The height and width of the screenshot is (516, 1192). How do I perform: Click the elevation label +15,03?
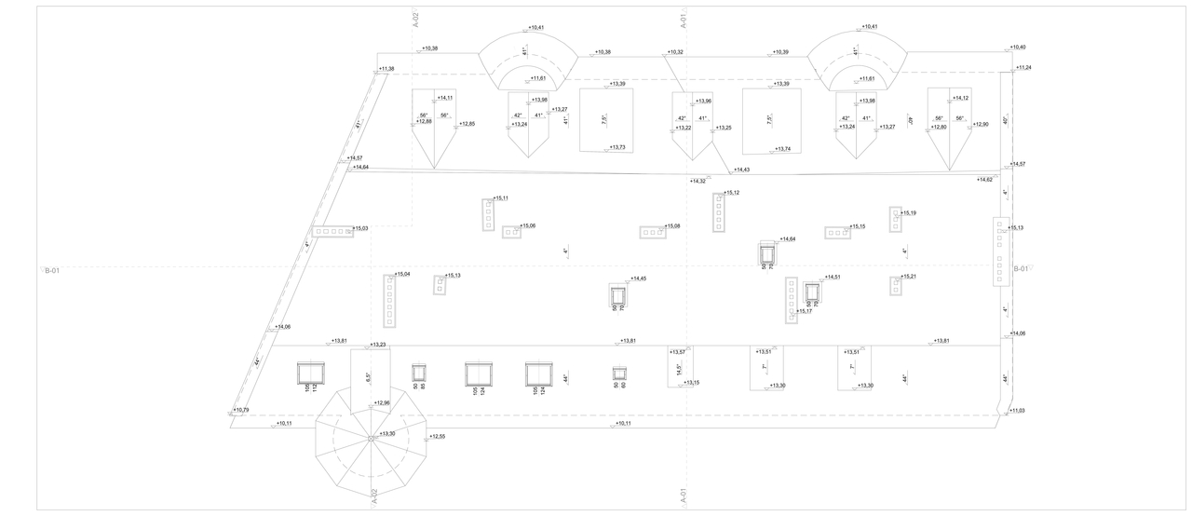click(x=359, y=228)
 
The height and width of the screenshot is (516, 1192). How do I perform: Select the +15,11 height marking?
click(x=501, y=198)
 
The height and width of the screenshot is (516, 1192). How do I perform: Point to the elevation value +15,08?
click(x=672, y=226)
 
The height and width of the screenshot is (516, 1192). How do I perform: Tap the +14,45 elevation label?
click(x=638, y=278)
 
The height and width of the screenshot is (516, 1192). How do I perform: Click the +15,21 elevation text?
click(x=908, y=277)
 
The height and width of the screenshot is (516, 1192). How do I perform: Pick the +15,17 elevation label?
click(x=804, y=311)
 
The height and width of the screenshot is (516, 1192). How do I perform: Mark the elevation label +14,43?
click(x=742, y=170)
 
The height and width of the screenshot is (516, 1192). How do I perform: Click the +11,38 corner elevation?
click(x=386, y=69)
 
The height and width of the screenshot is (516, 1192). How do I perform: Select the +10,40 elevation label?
click(x=1017, y=47)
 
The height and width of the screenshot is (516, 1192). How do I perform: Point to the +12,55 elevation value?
click(x=437, y=436)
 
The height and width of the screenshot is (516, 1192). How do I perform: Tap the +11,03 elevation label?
click(x=1017, y=410)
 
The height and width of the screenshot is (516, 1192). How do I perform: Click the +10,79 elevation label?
click(x=240, y=410)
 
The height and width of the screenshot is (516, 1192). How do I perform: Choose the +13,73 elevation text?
click(x=618, y=147)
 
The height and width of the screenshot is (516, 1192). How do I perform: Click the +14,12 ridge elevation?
click(x=960, y=98)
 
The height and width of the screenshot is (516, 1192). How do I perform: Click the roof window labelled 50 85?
click(x=419, y=373)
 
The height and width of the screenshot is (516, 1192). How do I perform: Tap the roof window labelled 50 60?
click(x=619, y=373)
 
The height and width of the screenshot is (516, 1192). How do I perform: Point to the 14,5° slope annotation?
click(x=679, y=368)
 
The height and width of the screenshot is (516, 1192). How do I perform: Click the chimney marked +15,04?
click(x=390, y=300)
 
